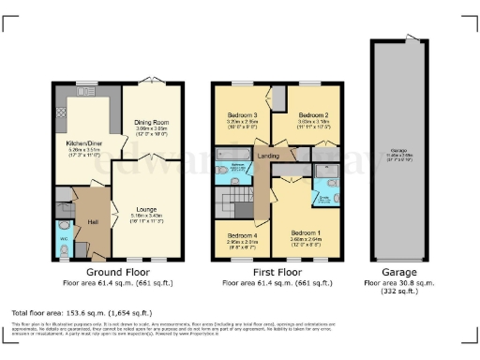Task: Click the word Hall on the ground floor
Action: tap(94, 221)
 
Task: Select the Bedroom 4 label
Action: tap(242, 235)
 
